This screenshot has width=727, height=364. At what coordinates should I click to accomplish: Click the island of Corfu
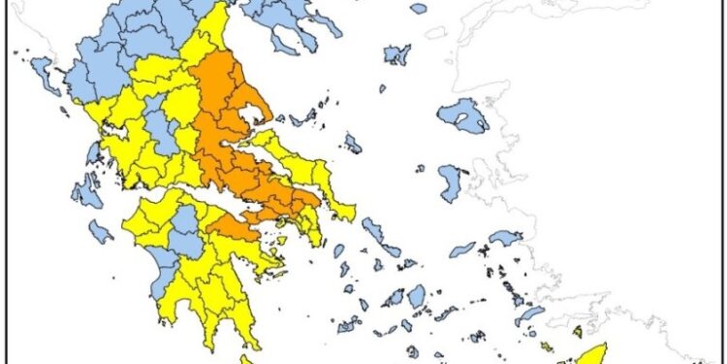tap(44, 70)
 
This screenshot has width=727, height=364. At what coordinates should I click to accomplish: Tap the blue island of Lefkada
tap(92, 153)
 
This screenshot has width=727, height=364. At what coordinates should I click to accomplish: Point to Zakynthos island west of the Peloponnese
tap(100, 231)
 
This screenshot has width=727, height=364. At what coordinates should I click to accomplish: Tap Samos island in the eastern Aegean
tap(505, 237)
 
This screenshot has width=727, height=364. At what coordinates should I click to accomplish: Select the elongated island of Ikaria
tap(463, 248)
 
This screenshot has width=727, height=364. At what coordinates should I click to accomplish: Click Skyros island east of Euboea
tap(353, 144)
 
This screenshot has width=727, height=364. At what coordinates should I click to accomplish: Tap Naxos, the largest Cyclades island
tap(417, 295)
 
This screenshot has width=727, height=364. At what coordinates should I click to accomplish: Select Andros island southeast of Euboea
tap(377, 232)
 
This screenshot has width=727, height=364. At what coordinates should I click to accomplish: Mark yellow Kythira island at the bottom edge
tap(246, 360)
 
